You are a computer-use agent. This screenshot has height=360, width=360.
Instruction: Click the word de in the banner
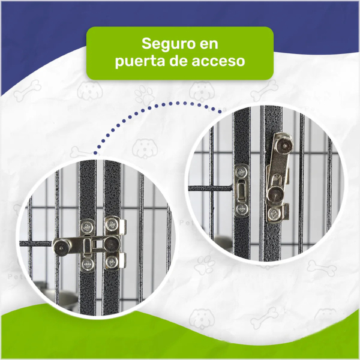(178, 61)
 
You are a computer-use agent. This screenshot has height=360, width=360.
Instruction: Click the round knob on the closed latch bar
(61, 247)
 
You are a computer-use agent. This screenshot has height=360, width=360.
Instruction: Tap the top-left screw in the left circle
(88, 227)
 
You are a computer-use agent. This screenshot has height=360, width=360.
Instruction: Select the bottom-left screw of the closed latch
(88, 265)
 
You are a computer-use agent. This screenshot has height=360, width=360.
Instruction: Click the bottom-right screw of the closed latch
(112, 262)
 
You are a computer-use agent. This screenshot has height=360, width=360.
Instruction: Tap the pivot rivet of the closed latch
(112, 244)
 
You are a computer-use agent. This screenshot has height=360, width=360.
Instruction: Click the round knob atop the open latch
(284, 145)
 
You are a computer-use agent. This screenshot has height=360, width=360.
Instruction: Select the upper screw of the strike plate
(241, 172)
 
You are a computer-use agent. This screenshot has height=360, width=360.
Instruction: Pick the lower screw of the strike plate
(242, 209)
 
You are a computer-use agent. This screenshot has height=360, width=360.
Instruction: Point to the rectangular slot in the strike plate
(241, 190)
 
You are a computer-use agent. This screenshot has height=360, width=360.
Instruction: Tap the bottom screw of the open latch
(274, 214)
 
